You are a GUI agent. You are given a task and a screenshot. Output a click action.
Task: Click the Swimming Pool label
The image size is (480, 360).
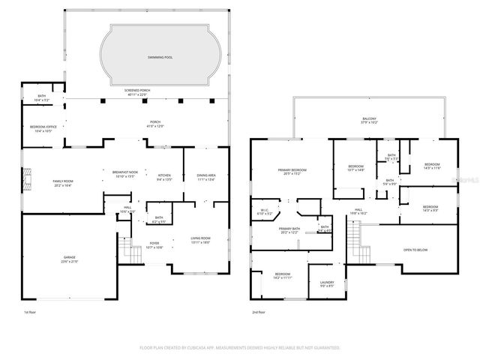159,56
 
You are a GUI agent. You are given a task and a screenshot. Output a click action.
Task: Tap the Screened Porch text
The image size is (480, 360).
136,91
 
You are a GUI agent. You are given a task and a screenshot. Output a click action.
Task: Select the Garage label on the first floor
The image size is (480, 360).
69,258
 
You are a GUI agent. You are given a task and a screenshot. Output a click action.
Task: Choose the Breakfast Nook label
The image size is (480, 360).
124,173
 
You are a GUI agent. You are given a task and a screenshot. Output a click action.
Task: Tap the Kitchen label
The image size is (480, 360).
163,176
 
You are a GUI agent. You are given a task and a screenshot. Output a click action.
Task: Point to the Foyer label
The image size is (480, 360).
154,244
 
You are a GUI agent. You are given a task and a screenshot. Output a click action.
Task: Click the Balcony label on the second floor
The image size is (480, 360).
368,119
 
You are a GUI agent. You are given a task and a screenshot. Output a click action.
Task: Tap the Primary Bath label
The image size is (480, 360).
289,229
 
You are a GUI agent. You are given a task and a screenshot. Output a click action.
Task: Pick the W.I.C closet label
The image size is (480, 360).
264,211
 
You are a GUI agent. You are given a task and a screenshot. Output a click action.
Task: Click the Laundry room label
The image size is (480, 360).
326,283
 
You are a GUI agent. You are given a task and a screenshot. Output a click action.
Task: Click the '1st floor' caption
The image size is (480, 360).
31,312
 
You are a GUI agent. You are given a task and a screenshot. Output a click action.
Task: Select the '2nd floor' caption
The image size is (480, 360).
259,312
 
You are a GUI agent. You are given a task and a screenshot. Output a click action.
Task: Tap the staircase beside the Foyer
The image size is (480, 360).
133,255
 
